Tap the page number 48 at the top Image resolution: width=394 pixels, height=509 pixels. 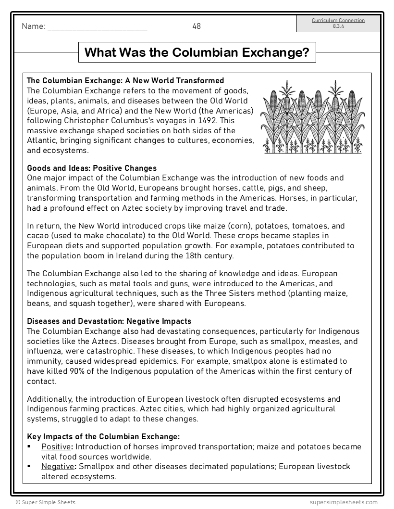(x=197, y=26)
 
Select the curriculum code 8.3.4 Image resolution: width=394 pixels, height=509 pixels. (x=338, y=26)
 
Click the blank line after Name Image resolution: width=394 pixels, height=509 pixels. (x=97, y=27)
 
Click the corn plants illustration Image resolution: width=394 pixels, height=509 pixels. (x=312, y=117)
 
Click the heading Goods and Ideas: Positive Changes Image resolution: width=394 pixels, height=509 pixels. (x=92, y=168)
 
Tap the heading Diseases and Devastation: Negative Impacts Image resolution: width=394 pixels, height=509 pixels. (x=109, y=321)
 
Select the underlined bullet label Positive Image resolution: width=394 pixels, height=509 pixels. (x=56, y=447)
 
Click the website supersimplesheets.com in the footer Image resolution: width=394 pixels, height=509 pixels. (x=344, y=502)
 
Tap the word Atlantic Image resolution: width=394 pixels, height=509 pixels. (x=43, y=140)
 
